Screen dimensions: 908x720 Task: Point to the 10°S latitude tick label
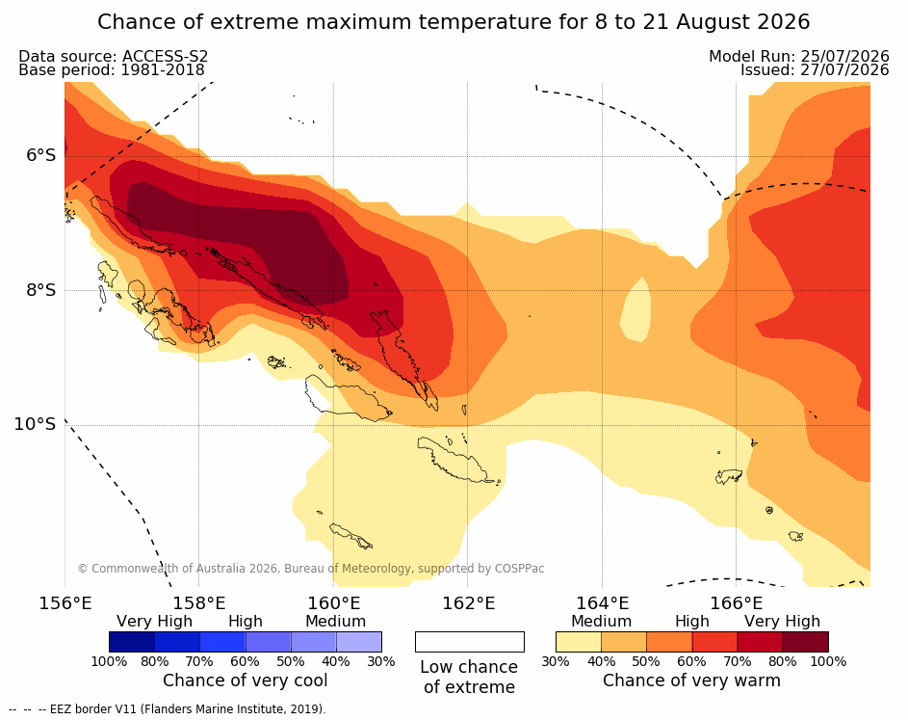pos(35,424)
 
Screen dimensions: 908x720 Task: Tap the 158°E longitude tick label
pos(199,603)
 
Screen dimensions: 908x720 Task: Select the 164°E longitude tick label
pos(602,603)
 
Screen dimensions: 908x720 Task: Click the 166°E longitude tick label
pos(736,603)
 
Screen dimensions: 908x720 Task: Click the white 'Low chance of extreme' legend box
pos(470,642)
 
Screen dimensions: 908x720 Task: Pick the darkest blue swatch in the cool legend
pos(132,642)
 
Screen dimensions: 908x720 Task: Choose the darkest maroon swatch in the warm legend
pos(806,642)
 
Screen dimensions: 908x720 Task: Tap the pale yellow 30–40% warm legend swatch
pos(579,642)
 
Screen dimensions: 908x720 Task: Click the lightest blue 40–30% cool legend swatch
pos(359,642)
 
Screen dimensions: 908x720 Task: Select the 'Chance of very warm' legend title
pos(691,680)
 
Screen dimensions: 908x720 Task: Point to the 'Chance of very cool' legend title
pos(245,680)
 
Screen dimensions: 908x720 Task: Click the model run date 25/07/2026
pos(844,56)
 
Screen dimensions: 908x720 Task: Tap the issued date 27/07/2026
pos(844,70)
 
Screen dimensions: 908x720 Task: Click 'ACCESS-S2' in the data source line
pos(165,56)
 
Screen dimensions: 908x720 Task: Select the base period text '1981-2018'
pos(162,70)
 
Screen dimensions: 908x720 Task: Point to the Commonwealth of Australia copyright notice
pos(311,569)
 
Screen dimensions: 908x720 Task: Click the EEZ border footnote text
pos(168,709)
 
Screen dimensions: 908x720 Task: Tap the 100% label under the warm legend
pos(829,661)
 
